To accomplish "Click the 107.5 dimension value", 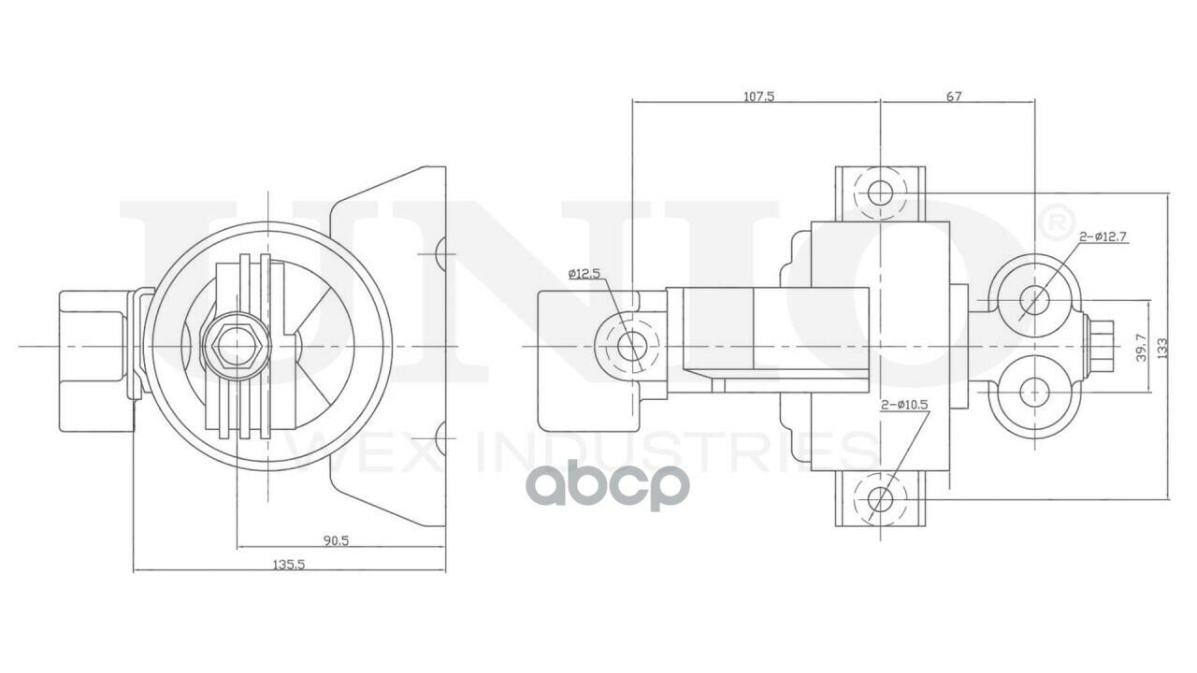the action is [x=758, y=96].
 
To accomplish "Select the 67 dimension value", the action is [x=954, y=96].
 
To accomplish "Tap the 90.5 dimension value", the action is [x=336, y=540].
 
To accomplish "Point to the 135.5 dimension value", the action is [x=289, y=565].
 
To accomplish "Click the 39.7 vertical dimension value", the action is [x=1142, y=348].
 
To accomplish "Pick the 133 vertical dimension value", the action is [x=1162, y=348].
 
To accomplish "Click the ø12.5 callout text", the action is [x=584, y=274].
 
